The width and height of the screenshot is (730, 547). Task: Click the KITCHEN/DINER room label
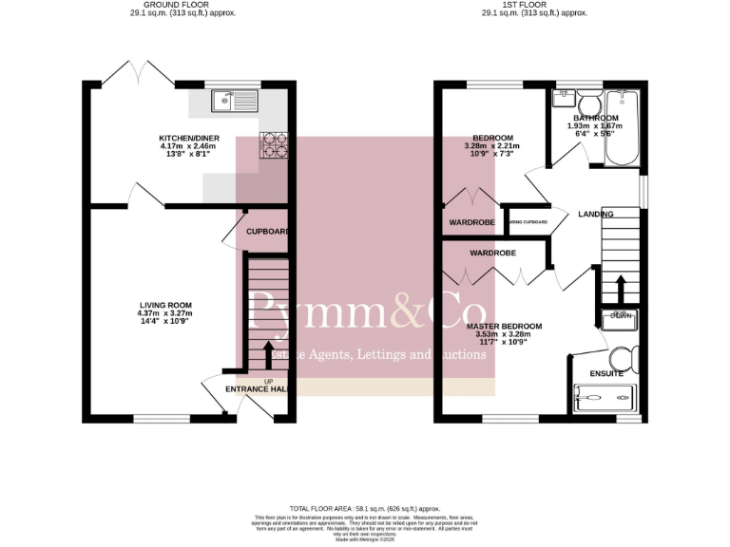pos(189,138)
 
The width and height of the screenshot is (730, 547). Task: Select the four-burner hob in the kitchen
pos(274,145)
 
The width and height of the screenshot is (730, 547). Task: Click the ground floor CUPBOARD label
pos(266,231)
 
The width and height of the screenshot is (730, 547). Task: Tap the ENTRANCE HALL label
pos(258,389)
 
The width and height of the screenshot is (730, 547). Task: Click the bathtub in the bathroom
pos(625,126)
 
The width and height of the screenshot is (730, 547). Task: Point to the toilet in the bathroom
pos(586,103)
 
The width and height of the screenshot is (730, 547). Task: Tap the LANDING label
pos(596,214)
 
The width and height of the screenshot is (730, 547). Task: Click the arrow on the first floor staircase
pos(620,288)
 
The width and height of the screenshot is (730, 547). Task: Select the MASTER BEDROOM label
pos(505,327)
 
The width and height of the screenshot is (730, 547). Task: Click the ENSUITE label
pos(606,373)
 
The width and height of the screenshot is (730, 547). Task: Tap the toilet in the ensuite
pos(624,357)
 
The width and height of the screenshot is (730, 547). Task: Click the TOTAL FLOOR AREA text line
pos(365,509)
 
